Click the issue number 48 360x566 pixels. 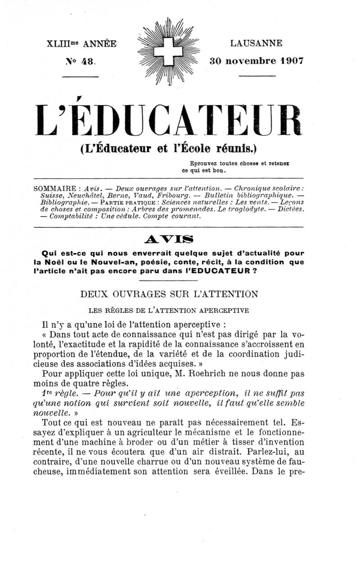point(87,60)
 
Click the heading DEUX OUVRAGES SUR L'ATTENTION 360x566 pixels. point(169,294)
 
